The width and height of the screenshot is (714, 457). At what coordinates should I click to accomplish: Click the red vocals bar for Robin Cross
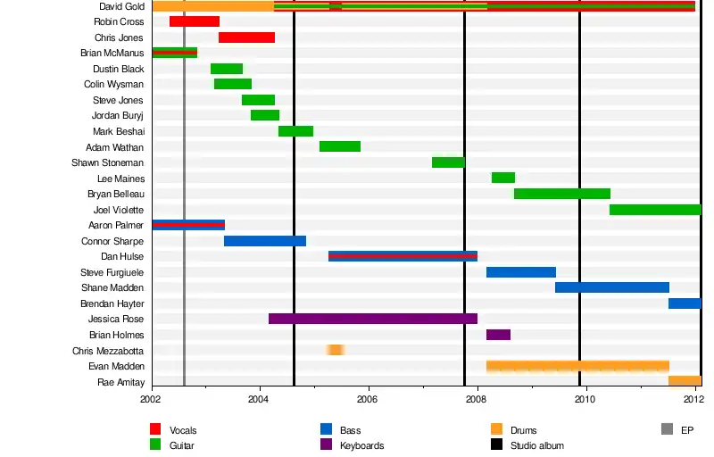195,21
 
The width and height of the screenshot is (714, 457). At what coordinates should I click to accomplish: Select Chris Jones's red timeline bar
246,37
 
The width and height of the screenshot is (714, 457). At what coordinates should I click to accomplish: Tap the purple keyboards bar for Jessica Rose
373,319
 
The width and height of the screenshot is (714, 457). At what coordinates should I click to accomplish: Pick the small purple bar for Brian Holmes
498,335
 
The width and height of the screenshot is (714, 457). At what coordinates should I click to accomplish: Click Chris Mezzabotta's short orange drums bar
336,350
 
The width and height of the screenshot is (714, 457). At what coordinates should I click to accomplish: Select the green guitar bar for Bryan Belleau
562,194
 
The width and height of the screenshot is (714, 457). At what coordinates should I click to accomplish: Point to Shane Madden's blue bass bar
612,287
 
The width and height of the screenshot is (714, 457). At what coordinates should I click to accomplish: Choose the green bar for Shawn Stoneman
448,162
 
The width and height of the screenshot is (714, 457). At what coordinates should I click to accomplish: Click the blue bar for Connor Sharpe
265,241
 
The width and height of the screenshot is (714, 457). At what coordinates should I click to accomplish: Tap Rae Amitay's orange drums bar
685,381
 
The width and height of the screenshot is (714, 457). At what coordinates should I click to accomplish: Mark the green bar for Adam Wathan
340,146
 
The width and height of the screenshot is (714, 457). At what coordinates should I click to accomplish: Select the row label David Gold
121,6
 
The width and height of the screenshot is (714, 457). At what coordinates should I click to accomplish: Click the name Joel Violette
119,210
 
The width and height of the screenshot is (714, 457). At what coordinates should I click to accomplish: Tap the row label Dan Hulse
122,256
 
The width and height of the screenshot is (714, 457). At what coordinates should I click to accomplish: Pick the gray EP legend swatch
667,429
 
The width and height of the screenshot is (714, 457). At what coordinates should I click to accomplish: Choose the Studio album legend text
536,445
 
